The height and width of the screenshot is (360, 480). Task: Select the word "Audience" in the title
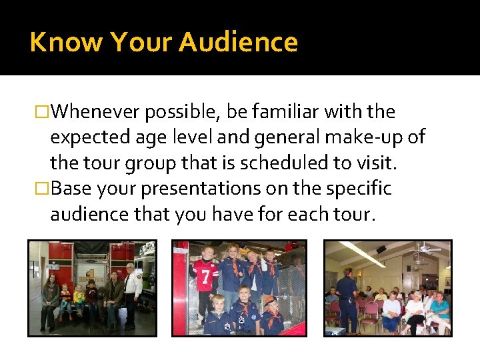(238, 42)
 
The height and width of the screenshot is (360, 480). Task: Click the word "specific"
(358, 189)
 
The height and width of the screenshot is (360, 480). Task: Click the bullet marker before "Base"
(43, 189)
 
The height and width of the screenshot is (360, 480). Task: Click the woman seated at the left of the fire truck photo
(49, 300)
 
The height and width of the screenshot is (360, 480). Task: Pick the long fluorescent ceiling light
(363, 254)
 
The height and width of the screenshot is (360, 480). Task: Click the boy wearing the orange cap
(270, 313)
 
